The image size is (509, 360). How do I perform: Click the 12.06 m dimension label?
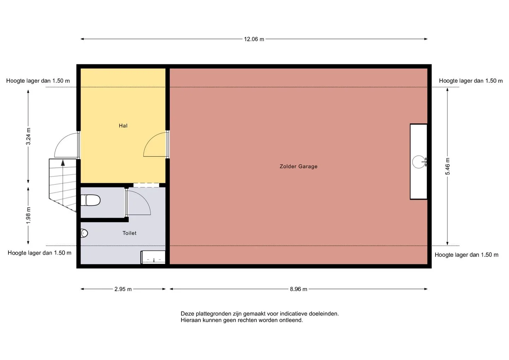pyautogui.click(x=254, y=39)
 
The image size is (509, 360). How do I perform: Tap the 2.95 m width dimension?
pyautogui.click(x=123, y=289)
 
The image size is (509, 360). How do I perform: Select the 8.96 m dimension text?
pyautogui.click(x=298, y=289)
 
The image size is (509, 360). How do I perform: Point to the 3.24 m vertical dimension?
pyautogui.click(x=28, y=137)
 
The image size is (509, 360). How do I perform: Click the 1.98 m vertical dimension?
pyautogui.click(x=28, y=215)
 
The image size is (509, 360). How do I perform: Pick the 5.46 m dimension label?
pyautogui.click(x=447, y=166)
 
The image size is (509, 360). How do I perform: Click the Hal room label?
pyautogui.click(x=123, y=126)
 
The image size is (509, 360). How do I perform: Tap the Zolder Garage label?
pyautogui.click(x=298, y=166)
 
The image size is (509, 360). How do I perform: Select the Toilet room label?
pyautogui.click(x=129, y=233)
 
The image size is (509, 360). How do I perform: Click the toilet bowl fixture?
pyautogui.click(x=90, y=200)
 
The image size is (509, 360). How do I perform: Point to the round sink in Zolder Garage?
pyautogui.click(x=419, y=162)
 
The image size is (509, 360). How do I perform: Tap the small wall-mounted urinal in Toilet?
pyautogui.click(x=84, y=233)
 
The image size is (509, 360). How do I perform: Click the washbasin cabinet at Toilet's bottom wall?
pyautogui.click(x=153, y=257)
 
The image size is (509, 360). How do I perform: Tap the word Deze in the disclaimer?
pyautogui.click(x=187, y=314)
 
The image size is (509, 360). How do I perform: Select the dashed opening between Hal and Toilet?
pyautogui.click(x=146, y=185)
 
